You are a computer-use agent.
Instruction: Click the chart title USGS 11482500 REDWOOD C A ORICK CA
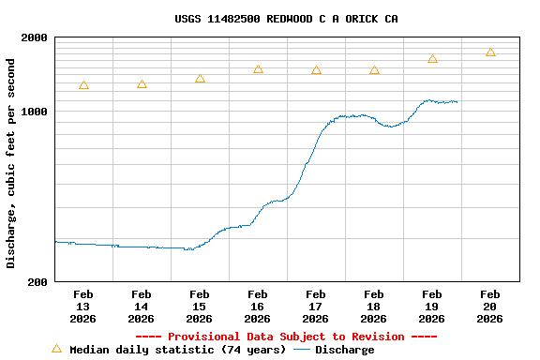286,19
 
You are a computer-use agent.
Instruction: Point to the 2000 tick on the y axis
35,37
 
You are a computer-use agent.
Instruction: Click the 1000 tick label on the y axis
35,112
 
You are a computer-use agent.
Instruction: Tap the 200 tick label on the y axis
37,281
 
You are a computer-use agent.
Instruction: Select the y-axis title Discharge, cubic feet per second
11,163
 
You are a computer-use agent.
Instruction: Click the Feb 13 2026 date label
83,307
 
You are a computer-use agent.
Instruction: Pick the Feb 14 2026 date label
142,307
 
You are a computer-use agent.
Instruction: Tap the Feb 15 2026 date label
200,307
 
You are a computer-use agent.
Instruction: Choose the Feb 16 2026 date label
258,307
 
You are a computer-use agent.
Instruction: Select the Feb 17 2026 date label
316,307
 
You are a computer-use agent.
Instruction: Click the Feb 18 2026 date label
374,307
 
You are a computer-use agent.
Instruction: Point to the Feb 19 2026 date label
432,307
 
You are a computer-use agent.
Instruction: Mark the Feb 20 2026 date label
490,307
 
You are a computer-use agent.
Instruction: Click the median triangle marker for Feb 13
83,85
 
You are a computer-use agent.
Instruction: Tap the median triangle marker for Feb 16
258,69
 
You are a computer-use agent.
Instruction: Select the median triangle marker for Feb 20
490,52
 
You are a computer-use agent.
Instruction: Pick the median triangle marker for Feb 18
374,70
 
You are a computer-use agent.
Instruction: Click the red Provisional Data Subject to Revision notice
286,337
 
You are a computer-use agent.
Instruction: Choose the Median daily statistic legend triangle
56,349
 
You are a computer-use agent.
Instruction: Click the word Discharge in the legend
344,350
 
